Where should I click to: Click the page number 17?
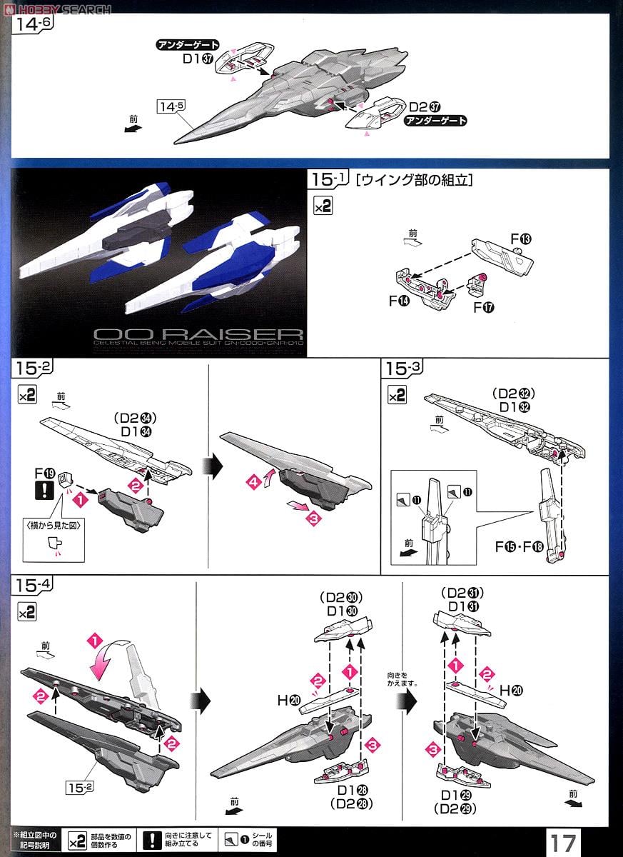tap(562, 841)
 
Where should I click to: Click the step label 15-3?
tap(404, 369)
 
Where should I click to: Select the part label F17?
tap(483, 307)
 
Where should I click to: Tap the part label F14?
tap(399, 301)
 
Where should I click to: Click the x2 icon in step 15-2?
tap(26, 396)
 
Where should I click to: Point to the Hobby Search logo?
tap(57, 9)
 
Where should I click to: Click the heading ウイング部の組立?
tap(415, 181)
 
